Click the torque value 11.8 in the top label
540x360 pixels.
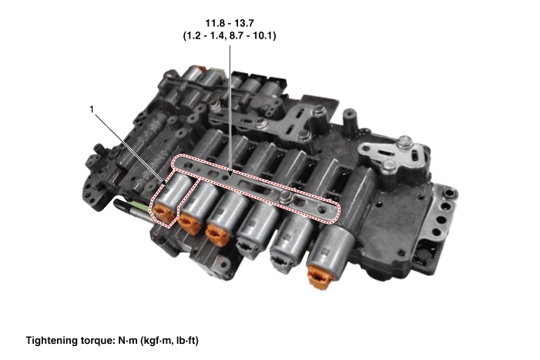(213, 23)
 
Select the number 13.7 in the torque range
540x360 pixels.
(245, 23)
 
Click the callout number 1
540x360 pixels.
(92, 109)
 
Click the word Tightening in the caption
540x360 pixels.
(52, 341)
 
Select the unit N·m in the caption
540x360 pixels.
(128, 341)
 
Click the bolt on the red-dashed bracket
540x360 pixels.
(286, 197)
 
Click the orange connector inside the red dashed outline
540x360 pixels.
(163, 214)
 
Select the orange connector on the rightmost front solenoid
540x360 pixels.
(320, 276)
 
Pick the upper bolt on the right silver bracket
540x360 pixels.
(405, 142)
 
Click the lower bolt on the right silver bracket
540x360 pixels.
(389, 166)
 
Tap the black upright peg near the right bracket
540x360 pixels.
(349, 120)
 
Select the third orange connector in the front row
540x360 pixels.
(218, 235)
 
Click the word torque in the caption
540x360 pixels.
(96, 341)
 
